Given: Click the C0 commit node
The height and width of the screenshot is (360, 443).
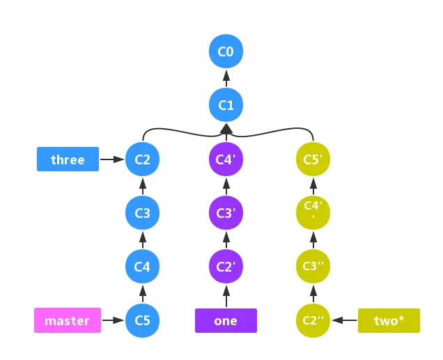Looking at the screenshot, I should click(x=226, y=52).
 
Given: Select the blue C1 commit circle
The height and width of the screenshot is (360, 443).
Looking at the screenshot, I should click(x=226, y=105).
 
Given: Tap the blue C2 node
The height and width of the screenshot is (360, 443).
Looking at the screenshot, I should click(x=142, y=159).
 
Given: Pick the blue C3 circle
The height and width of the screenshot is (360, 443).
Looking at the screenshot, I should click(x=142, y=213).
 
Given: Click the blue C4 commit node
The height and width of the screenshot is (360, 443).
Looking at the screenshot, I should click(x=142, y=267).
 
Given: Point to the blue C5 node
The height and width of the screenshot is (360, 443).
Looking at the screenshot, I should click(x=142, y=320).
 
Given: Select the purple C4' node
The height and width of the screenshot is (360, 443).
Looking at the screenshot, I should click(x=226, y=159).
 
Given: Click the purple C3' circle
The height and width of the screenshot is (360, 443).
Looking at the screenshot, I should click(x=226, y=213).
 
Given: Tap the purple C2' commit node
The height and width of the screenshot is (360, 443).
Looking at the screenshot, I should click(x=226, y=267).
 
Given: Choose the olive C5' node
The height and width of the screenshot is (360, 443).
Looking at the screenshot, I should click(x=312, y=159).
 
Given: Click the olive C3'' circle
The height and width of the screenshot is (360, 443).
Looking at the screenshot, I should click(x=312, y=267).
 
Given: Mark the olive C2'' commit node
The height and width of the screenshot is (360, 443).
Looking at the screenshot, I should click(x=312, y=320).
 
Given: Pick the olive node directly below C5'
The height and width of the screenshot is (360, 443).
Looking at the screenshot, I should click(x=312, y=213).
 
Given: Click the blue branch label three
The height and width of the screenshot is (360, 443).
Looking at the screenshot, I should click(x=68, y=159).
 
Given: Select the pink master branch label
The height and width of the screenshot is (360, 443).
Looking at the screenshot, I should click(x=67, y=320).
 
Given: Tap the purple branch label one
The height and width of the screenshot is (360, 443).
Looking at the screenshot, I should click(x=226, y=320).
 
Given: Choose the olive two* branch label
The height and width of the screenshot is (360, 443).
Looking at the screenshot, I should click(x=389, y=320).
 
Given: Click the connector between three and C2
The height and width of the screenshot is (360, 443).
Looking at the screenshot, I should click(x=111, y=159).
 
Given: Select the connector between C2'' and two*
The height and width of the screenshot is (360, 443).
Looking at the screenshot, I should click(x=343, y=320).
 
